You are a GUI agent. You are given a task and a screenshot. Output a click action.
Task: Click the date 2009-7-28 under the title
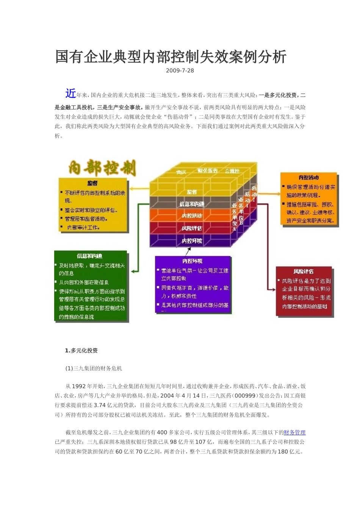click(180, 70)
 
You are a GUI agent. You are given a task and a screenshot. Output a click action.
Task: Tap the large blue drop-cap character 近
click(70, 93)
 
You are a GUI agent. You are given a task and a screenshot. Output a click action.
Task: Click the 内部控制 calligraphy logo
click(102, 168)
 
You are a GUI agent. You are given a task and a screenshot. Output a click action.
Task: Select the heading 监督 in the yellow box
click(92, 183)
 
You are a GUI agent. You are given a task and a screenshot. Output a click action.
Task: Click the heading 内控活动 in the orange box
click(308, 177)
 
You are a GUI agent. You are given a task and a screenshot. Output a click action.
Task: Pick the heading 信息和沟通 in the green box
click(89, 256)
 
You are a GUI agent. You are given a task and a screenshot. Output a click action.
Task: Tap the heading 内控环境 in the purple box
click(192, 261)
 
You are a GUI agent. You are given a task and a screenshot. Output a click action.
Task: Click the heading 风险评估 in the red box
click(304, 271)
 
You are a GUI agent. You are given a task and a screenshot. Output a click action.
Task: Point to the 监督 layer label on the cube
click(192, 192)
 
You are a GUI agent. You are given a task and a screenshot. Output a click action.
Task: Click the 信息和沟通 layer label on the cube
click(192, 204)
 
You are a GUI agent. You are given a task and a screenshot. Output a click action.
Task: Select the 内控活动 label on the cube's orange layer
click(192, 216)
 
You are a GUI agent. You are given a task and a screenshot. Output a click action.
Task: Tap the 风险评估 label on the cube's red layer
click(192, 228)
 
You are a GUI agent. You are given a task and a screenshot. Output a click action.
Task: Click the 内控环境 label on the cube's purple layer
click(192, 241)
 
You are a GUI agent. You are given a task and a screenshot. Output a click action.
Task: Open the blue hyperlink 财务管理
click(294, 432)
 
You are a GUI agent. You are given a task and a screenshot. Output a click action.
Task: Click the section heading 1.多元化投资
click(81, 351)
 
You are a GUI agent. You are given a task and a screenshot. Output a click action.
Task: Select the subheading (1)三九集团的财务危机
click(94, 368)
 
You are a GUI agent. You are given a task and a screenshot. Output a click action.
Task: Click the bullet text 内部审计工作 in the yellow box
click(83, 227)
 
